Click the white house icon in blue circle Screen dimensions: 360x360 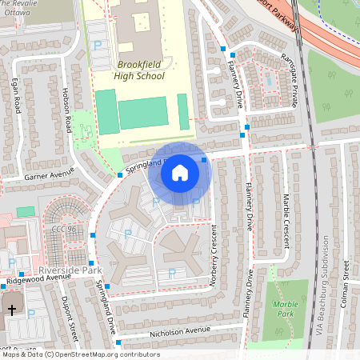pyautogui.click(x=180, y=171)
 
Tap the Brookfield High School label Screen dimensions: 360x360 pyautogui.click(x=140, y=70)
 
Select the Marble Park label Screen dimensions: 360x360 pyautogui.click(x=285, y=308)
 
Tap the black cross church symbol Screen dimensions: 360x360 pyautogui.click(x=12, y=309)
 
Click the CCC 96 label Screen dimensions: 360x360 pyautogui.click(x=63, y=230)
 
